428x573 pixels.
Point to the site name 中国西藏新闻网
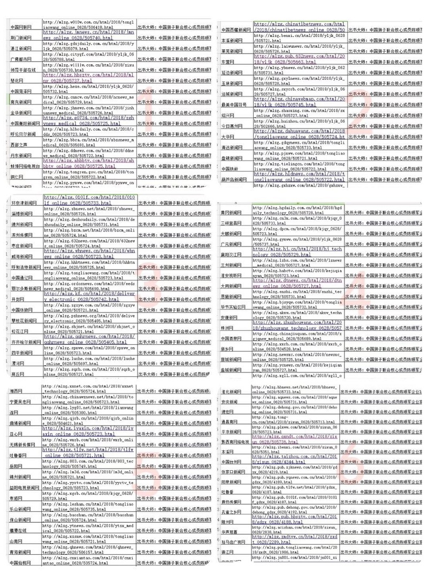[235, 29]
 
